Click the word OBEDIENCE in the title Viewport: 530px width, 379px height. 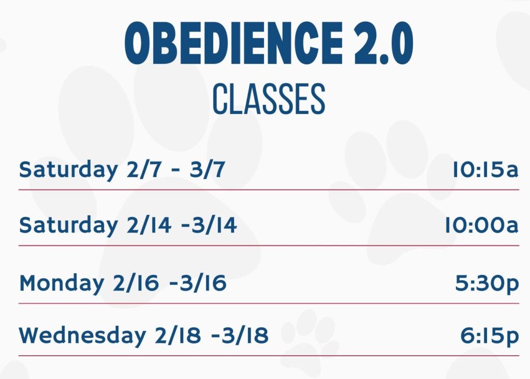coord(233,43)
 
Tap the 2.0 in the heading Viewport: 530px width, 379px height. coord(384,43)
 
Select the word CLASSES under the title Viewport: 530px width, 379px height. coord(269,99)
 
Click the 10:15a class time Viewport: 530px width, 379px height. coord(485,169)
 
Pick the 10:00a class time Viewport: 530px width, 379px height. coord(481,225)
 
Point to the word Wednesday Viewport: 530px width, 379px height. coord(82,336)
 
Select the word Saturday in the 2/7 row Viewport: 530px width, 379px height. coord(68,170)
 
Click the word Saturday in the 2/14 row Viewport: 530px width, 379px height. coord(68,226)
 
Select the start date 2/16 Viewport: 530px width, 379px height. coord(136,283)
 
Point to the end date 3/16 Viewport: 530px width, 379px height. coord(203,283)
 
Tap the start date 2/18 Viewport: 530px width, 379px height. coord(178,336)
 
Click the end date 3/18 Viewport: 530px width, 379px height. coord(245,336)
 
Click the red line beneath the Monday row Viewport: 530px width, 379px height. coord(269,303)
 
